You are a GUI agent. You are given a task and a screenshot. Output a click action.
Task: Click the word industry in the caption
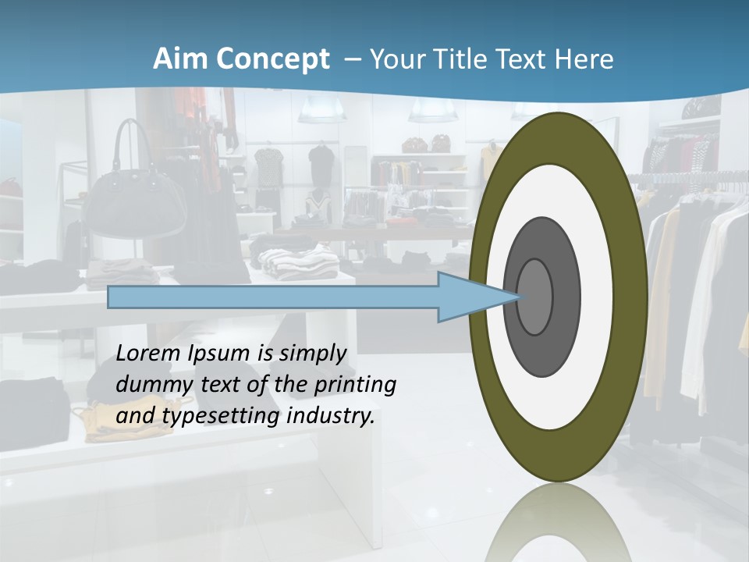click(x=331, y=416)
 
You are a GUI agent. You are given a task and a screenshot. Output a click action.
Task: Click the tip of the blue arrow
click(x=518, y=297)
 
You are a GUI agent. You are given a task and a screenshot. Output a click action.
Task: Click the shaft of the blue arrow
click(x=273, y=297)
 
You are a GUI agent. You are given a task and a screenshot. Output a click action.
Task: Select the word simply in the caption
click(x=312, y=354)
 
